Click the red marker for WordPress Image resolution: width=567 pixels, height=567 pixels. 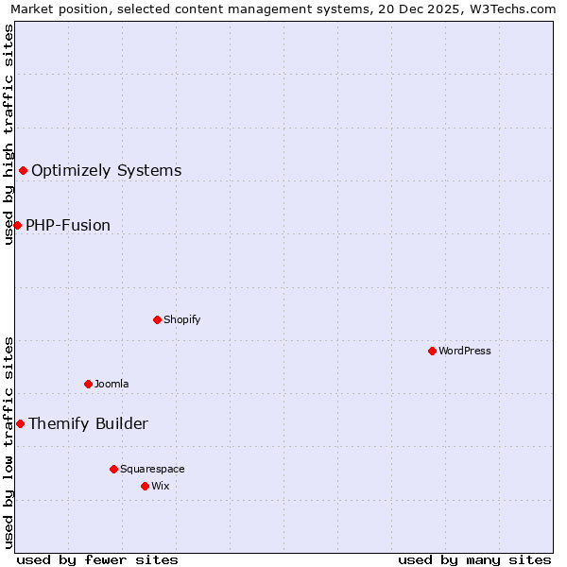[x=432, y=351]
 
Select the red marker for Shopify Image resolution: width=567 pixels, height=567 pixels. [x=157, y=319]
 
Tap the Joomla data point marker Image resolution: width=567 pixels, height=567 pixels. [x=88, y=384]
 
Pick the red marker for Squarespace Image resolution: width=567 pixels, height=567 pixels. [x=113, y=469]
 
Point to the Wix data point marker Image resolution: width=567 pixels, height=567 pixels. [x=145, y=486]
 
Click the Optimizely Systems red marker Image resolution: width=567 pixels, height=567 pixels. [x=23, y=170]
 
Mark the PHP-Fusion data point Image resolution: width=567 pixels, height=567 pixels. [x=17, y=225]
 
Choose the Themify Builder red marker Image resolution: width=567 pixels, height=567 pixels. [x=20, y=423]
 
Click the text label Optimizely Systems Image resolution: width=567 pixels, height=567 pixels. [x=106, y=171]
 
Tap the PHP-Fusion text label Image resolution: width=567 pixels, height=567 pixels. [x=68, y=226]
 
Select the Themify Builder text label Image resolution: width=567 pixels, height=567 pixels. [x=88, y=424]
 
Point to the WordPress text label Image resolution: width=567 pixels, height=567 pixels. [x=465, y=351]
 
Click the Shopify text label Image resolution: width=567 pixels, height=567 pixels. [x=182, y=319]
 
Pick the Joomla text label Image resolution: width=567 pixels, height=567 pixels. [x=112, y=384]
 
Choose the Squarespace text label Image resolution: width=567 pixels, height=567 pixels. [x=152, y=469]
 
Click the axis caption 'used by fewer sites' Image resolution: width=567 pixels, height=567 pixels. [x=97, y=559]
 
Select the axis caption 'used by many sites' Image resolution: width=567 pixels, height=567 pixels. [x=474, y=559]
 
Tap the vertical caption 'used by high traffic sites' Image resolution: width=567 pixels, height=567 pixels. [x=9, y=134]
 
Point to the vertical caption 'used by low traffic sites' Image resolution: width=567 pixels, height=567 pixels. [x=9, y=441]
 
